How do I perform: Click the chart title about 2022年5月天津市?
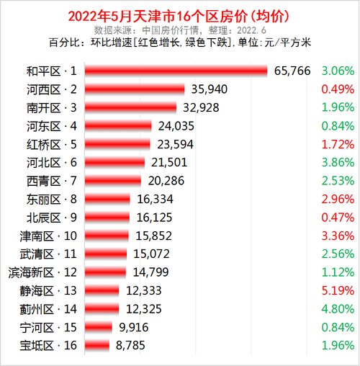180,16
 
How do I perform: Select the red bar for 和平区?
176,71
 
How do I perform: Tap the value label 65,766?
294,71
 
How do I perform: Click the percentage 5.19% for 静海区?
338,290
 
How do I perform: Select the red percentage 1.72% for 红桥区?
338,144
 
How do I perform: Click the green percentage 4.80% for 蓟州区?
338,309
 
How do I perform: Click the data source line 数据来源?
180,30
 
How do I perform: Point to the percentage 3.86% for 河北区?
338,162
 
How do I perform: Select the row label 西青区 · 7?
50,180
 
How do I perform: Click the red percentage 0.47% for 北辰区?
338,217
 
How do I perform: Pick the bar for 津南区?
107,236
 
